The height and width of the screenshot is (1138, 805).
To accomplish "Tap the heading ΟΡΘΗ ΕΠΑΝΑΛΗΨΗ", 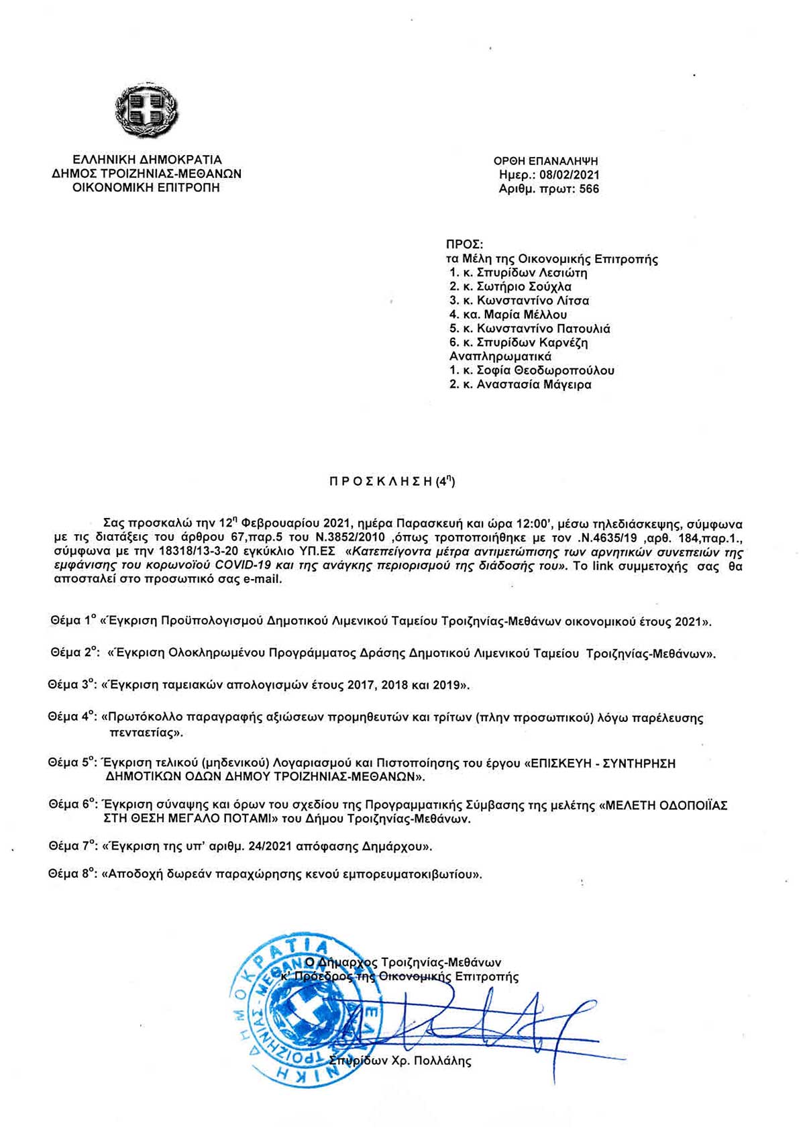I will pyautogui.click(x=545, y=161).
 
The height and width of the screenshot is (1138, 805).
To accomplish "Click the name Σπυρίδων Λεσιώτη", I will pyautogui.click(x=532, y=273).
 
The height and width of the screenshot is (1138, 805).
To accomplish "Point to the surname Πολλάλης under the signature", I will pyautogui.click(x=439, y=1062).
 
